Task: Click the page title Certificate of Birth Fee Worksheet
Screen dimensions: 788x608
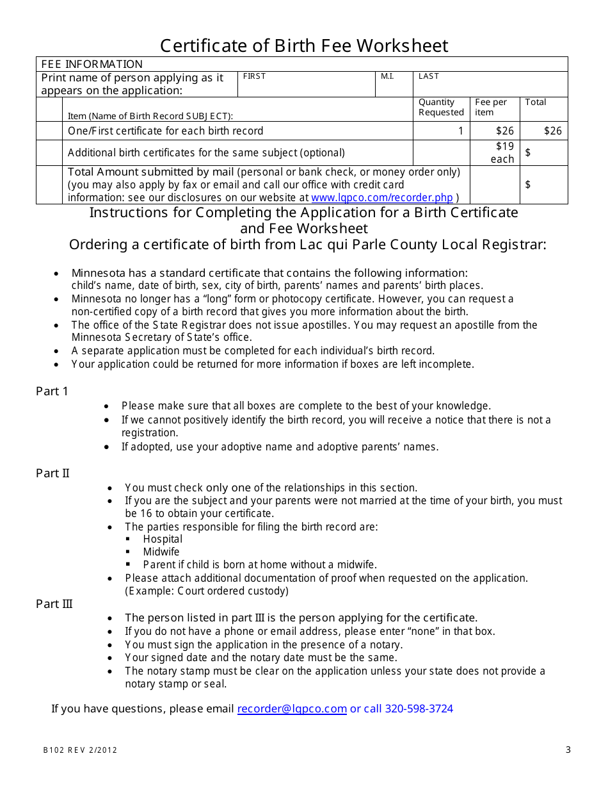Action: [x=304, y=46]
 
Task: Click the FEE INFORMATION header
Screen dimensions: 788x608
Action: [x=92, y=64]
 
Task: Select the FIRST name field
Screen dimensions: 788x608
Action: [x=306, y=84]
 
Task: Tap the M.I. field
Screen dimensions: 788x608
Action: [x=394, y=84]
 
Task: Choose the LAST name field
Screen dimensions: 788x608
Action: [x=490, y=84]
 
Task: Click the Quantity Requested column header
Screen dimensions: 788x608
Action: [x=441, y=107]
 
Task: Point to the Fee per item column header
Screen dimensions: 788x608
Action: [x=491, y=107]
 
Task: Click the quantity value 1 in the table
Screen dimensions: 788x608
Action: [x=460, y=131]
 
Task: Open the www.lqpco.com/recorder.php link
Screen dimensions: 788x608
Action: [x=382, y=198]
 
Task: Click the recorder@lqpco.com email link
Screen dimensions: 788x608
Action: [x=292, y=709]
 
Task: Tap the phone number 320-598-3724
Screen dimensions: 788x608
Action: [x=419, y=709]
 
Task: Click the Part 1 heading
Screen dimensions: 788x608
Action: [x=52, y=391]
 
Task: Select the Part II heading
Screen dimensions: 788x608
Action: [x=52, y=473]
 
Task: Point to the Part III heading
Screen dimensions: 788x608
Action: [x=54, y=604]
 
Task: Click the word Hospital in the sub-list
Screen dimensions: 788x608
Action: [x=163, y=539]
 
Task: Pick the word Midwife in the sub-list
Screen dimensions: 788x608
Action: [x=161, y=552]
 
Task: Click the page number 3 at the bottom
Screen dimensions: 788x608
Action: [x=568, y=750]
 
